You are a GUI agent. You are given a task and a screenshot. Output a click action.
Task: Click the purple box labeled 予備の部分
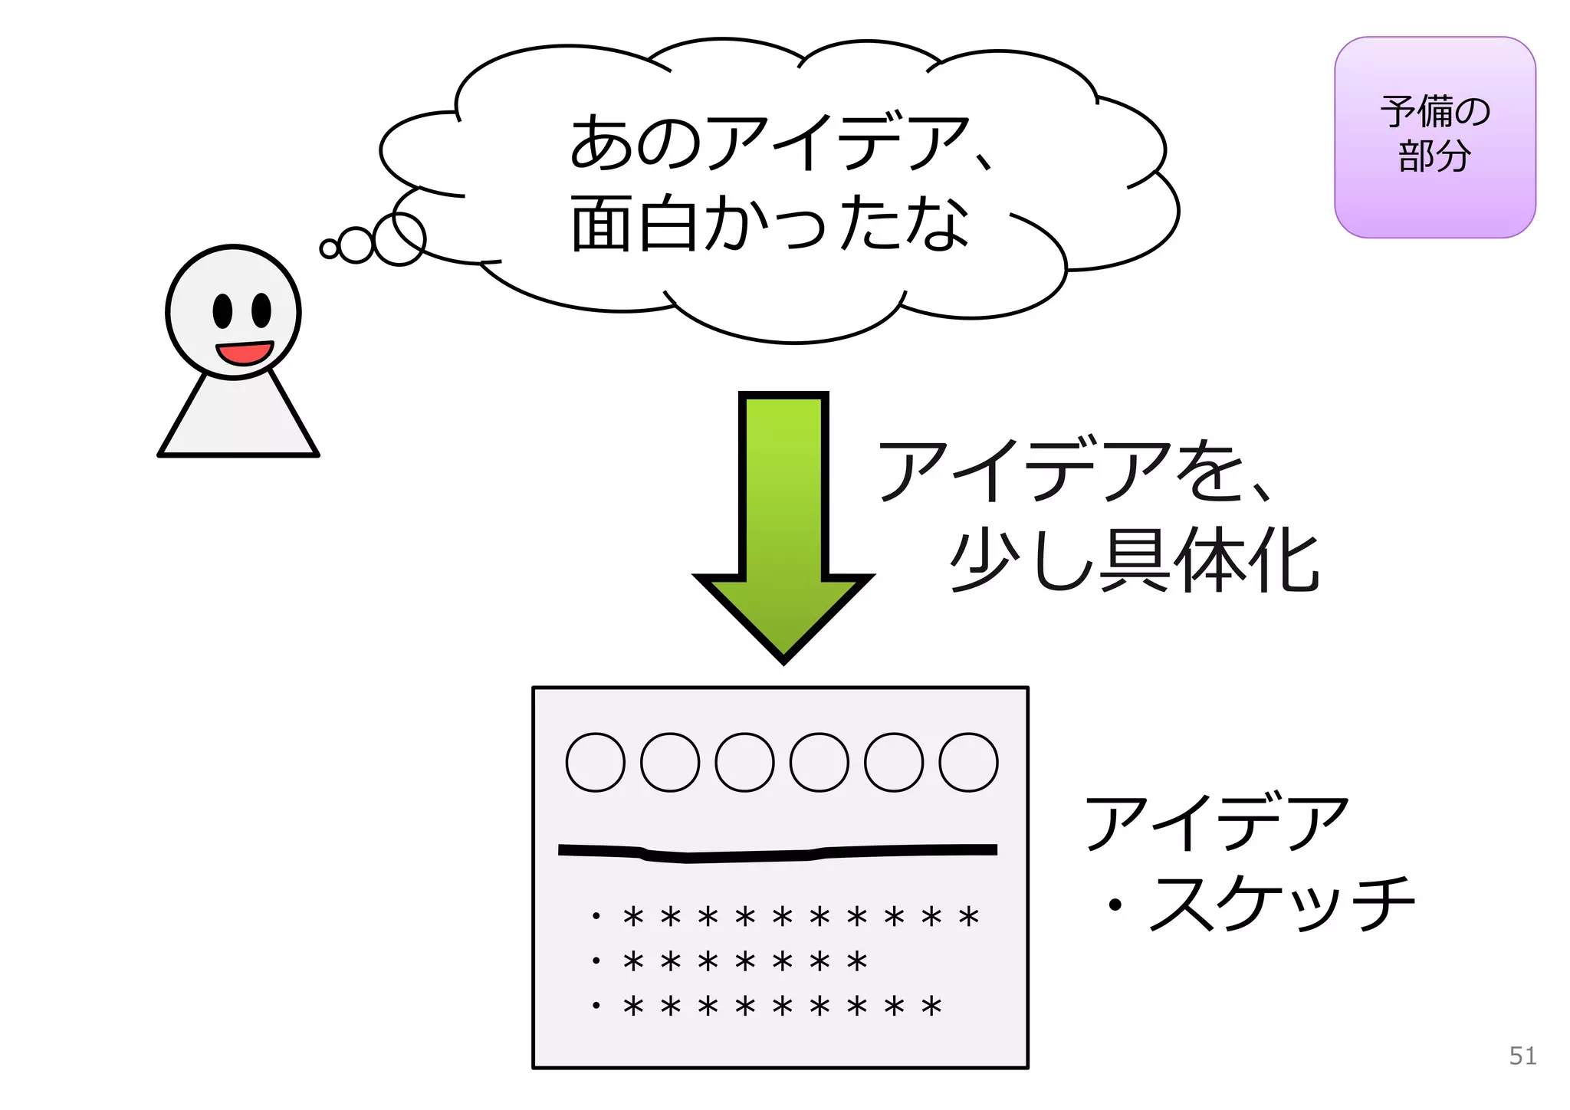pyautogui.click(x=1434, y=136)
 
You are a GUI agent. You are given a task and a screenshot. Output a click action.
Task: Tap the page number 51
pyautogui.click(x=1522, y=1056)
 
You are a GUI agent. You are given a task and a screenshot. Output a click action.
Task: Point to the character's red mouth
pyautogui.click(x=245, y=353)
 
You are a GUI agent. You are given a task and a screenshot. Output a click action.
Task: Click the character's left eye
pyautogui.click(x=222, y=310)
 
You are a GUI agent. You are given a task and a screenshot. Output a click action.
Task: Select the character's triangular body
pyautogui.click(x=238, y=422)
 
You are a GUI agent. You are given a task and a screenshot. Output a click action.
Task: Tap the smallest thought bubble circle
pyautogui.click(x=329, y=248)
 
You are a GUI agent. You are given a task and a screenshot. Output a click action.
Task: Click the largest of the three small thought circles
pyautogui.click(x=399, y=239)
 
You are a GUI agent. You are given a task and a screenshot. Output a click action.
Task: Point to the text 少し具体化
pyautogui.click(x=1134, y=560)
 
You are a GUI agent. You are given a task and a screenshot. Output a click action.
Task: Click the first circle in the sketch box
pyautogui.click(x=595, y=762)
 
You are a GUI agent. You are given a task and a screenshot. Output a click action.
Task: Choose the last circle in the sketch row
pyautogui.click(x=968, y=762)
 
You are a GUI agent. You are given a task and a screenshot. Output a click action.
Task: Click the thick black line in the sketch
pyautogui.click(x=777, y=853)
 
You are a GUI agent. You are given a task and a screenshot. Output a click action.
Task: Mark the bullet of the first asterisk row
pyautogui.click(x=596, y=916)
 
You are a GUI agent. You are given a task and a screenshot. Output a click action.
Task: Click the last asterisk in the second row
pyautogui.click(x=857, y=961)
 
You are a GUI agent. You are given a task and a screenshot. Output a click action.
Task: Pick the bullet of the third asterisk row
pyautogui.click(x=596, y=1005)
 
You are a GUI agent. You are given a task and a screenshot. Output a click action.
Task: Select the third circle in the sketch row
pyautogui.click(x=744, y=762)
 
